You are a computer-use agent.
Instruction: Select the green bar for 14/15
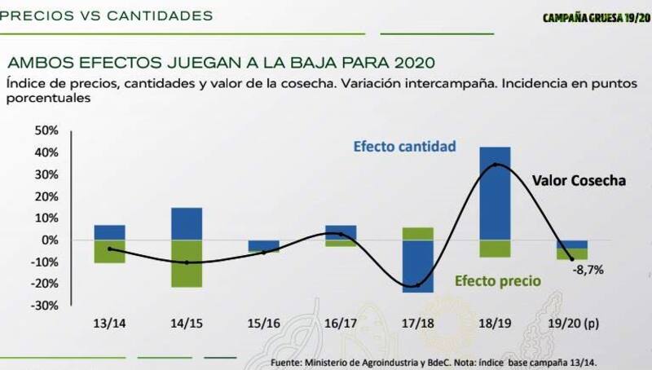(187, 263)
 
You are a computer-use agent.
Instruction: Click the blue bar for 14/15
(187, 223)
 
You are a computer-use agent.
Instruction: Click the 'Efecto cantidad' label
(403, 148)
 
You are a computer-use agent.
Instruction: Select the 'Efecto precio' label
(498, 281)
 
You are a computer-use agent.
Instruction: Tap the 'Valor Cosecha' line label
(579, 181)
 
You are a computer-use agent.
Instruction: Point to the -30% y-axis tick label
(46, 305)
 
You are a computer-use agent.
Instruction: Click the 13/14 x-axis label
(110, 324)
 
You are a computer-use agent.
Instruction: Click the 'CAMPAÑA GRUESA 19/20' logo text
(593, 17)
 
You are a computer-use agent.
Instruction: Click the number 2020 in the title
(412, 62)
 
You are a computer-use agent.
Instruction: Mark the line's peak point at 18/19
(496, 165)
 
